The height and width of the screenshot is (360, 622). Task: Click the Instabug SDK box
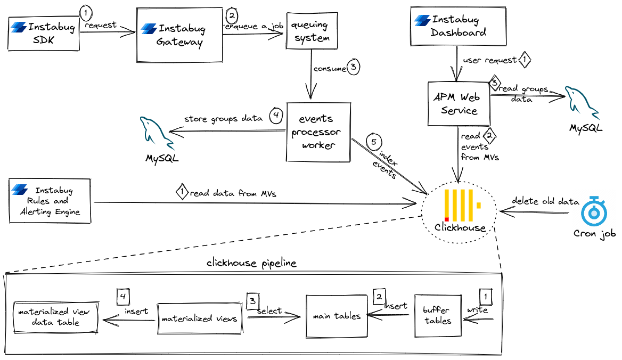pyautogui.click(x=44, y=32)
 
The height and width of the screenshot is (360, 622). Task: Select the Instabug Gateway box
pyautogui.click(x=179, y=35)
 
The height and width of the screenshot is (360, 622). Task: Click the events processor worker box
pyautogui.click(x=318, y=132)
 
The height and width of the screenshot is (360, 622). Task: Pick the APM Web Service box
pyautogui.click(x=459, y=103)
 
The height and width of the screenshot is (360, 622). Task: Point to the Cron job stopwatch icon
pyautogui.click(x=594, y=211)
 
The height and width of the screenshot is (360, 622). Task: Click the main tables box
pyautogui.click(x=336, y=316)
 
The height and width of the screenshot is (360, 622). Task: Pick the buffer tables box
pyautogui.click(x=438, y=316)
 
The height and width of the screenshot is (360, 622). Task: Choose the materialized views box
pyautogui.click(x=200, y=319)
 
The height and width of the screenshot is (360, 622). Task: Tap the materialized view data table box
pyautogui.click(x=56, y=317)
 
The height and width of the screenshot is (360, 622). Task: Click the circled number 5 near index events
pyautogui.click(x=374, y=142)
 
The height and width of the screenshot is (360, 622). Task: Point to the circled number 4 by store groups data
pyautogui.click(x=275, y=116)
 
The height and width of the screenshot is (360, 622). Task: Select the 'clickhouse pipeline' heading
pyautogui.click(x=251, y=264)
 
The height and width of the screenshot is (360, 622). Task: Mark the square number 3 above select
pyautogui.click(x=252, y=300)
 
